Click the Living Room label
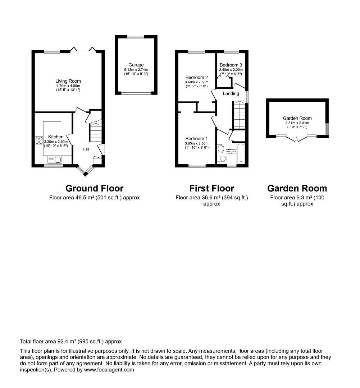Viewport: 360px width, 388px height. point(68,81)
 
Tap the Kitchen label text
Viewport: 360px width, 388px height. point(56,137)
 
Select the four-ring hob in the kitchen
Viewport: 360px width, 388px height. point(39,140)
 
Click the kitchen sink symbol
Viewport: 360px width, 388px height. point(54,160)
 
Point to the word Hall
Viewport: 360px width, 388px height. point(86,149)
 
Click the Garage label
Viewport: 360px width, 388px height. point(136,65)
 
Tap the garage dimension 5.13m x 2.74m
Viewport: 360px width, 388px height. point(136,70)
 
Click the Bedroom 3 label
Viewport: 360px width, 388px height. point(231,65)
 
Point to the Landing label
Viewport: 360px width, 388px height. point(231,93)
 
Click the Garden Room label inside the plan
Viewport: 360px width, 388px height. point(297,118)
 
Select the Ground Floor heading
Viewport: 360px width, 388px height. point(94,188)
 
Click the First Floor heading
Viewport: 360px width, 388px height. point(211,188)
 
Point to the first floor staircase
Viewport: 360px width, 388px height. point(239,115)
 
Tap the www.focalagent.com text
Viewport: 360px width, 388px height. point(109,370)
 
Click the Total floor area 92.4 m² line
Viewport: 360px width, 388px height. point(71,342)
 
